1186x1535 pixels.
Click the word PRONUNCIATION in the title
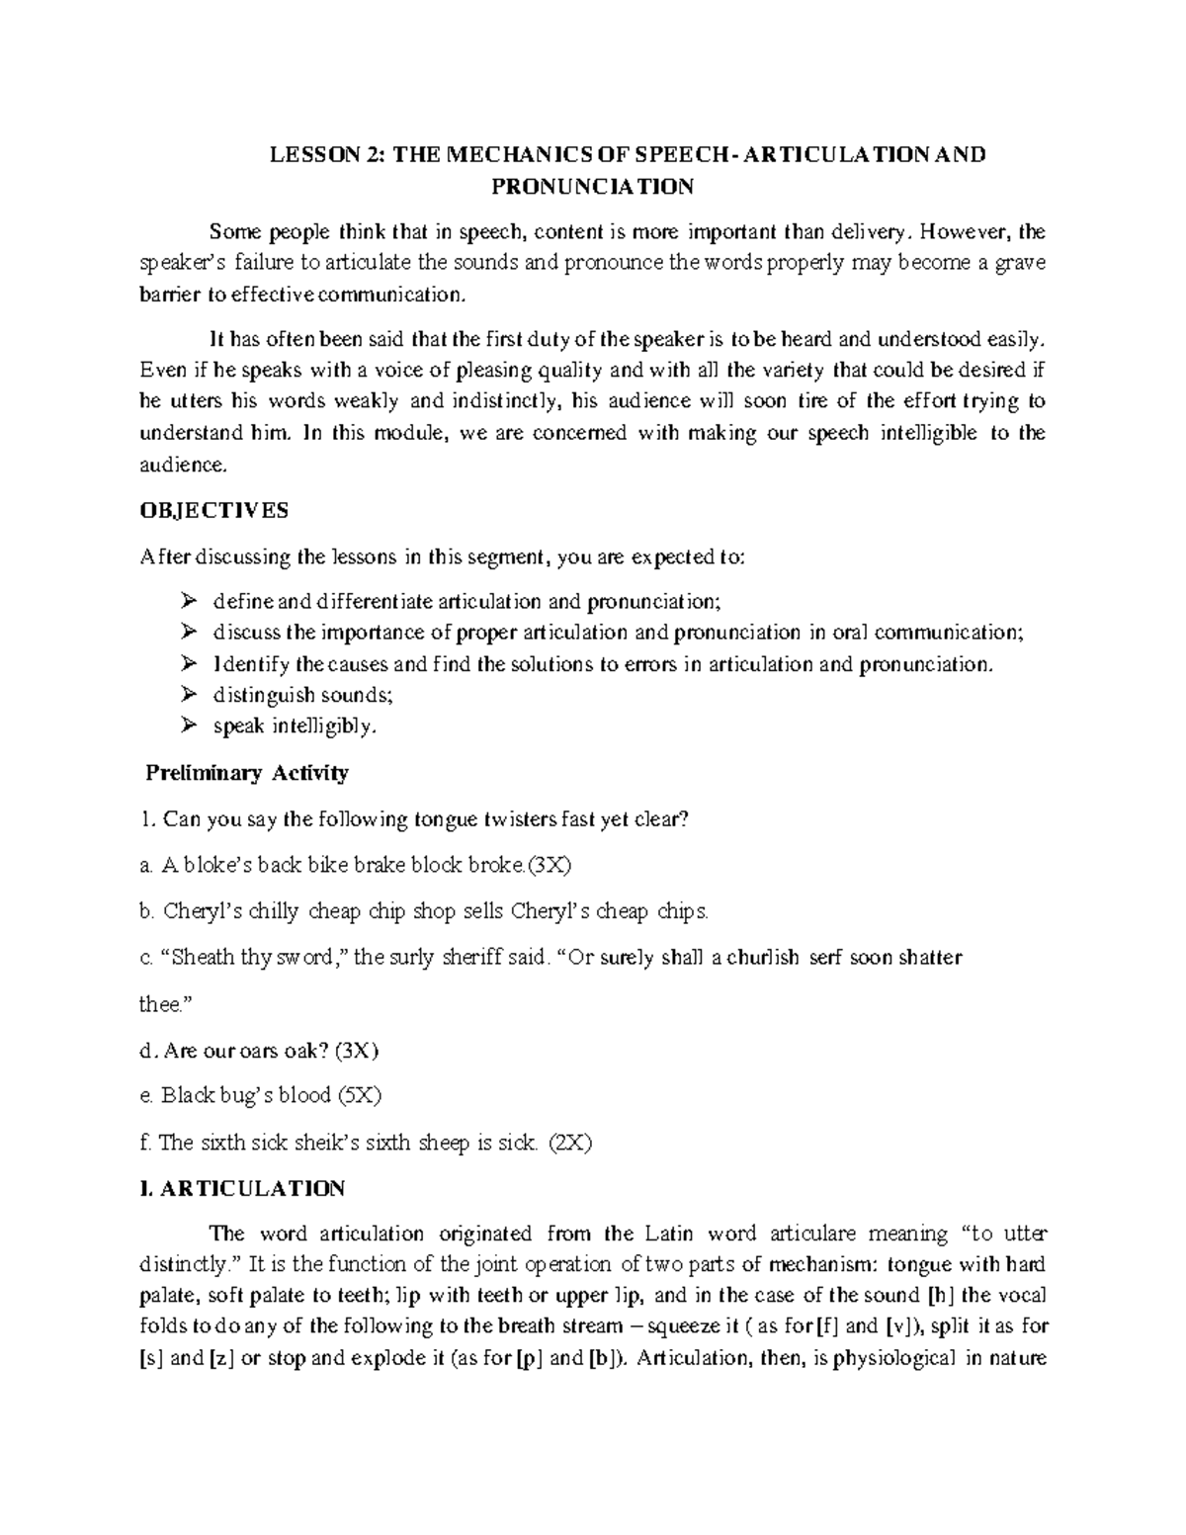[x=594, y=186]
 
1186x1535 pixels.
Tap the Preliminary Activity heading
[x=247, y=773]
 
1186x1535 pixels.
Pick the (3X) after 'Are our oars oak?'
[x=358, y=1050]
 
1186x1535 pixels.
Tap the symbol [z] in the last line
[x=220, y=1358]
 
